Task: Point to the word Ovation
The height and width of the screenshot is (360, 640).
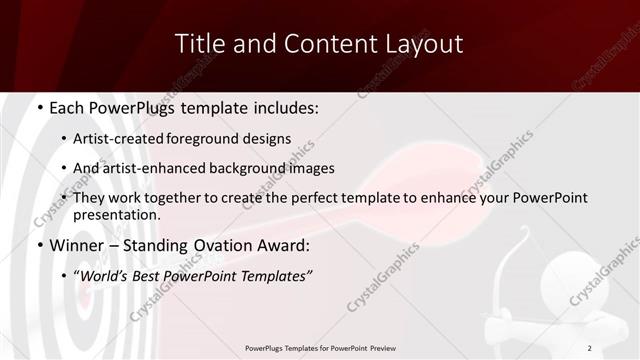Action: (225, 245)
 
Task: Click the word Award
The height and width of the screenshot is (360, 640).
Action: (286, 245)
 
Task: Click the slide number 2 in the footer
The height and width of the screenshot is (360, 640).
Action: (589, 348)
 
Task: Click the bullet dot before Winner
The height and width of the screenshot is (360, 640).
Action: (38, 246)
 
